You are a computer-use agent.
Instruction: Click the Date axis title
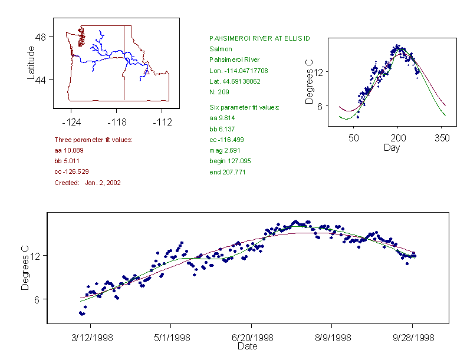point(247,346)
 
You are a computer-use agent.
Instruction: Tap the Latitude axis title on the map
point(31,62)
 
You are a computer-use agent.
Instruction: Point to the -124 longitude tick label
point(71,123)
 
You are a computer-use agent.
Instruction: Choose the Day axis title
point(392,147)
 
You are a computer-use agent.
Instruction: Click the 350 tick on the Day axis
point(442,138)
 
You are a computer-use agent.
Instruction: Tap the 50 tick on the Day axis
point(354,138)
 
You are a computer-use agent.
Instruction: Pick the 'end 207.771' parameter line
point(228,172)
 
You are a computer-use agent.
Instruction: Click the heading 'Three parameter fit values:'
point(93,140)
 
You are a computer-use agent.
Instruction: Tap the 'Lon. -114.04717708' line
point(239,71)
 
